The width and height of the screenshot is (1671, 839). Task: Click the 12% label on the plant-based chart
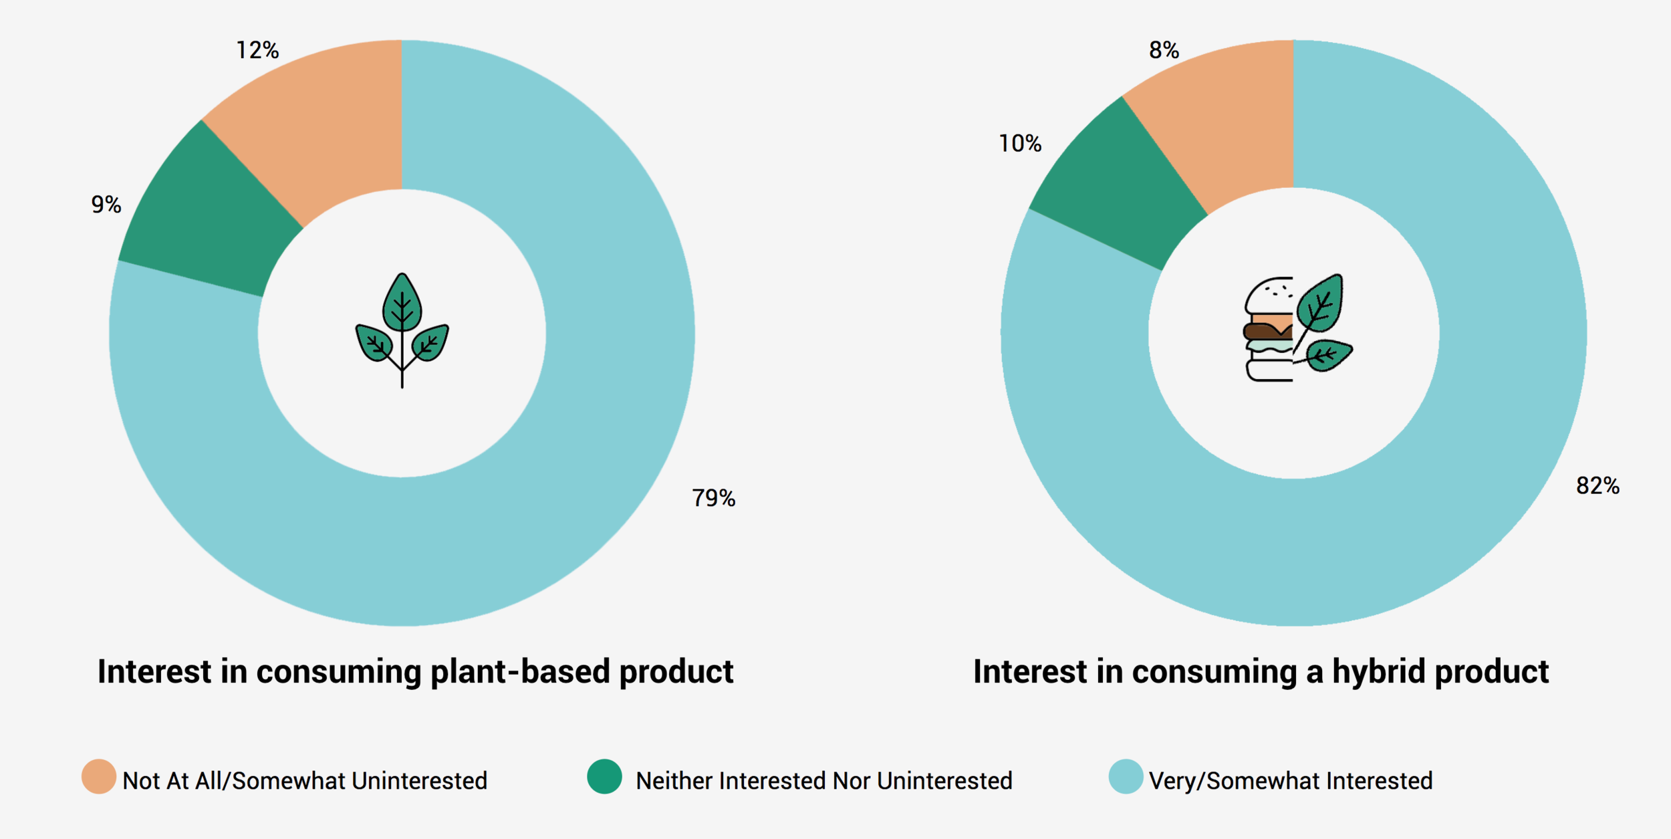point(257,50)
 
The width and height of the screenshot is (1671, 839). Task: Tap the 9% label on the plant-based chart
point(106,205)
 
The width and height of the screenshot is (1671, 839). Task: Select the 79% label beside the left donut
point(713,498)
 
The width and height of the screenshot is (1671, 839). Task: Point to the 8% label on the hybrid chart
point(1164,50)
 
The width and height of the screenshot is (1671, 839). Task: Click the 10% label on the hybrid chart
point(1020,144)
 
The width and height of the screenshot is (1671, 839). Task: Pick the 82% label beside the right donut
point(1597,485)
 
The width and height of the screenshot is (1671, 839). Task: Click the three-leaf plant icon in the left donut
point(402,330)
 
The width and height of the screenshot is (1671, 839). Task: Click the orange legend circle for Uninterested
point(99,776)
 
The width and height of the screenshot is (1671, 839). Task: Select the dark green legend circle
point(604,776)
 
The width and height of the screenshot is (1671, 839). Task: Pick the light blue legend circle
point(1126,776)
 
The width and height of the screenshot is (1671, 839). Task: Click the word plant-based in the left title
point(520,671)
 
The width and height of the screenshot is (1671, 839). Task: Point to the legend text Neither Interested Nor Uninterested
point(824,781)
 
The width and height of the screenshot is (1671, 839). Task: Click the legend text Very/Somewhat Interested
point(1291,781)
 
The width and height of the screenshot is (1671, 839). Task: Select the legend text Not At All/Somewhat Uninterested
point(305,781)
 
